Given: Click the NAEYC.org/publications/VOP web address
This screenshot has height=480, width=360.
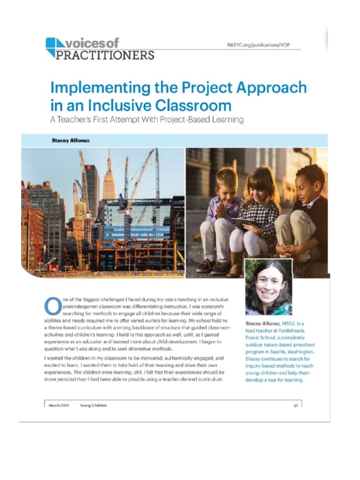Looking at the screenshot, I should (x=262, y=45).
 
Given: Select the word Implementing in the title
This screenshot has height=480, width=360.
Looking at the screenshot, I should (x=99, y=88).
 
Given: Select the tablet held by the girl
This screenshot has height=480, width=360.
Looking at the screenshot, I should (x=239, y=224).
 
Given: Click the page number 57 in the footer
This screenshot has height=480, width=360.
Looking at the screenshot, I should (x=296, y=405).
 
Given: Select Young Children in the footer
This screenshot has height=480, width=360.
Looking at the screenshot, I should (x=93, y=405).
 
